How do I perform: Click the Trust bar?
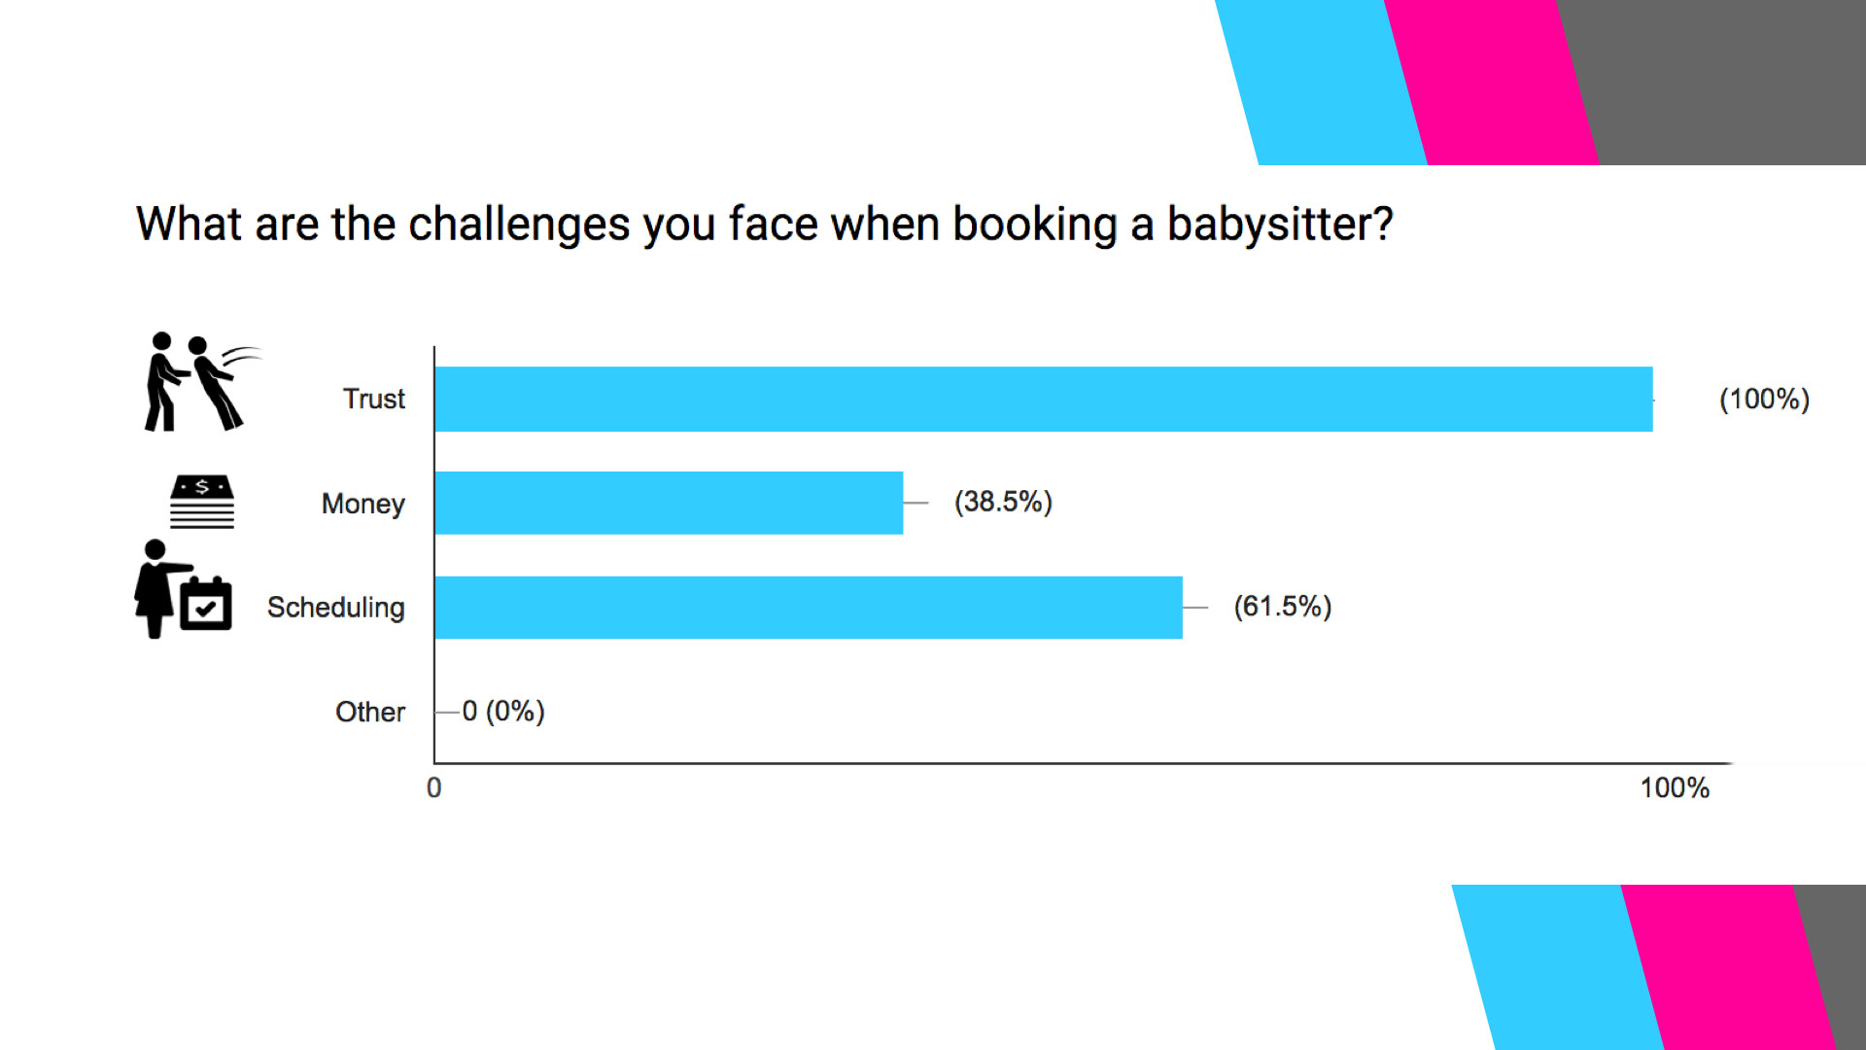coord(1044,399)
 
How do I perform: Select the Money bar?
coord(669,503)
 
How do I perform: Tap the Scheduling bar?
coord(809,608)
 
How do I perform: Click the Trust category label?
coord(373,399)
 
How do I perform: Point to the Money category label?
coord(363,504)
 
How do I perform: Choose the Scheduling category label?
coord(335,608)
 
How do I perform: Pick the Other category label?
coord(369,712)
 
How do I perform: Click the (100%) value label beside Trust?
coord(1764,400)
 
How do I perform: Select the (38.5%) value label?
coord(1003,502)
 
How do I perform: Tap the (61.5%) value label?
coord(1282,607)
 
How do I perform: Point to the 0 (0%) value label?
coord(502,712)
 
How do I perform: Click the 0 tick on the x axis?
coord(433,787)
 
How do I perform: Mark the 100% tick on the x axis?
coord(1675,787)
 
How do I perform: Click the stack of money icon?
coord(202,502)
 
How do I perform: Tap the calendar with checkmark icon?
coord(206,604)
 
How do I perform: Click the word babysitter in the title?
coord(1280,225)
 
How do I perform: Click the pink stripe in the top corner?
coord(1491,83)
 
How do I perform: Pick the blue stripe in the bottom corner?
coord(1558,967)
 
